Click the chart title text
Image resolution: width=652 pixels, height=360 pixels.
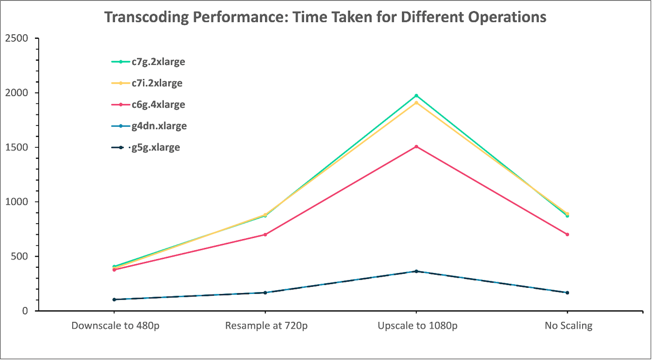[325, 17]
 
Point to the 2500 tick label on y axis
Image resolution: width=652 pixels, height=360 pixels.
[17, 38]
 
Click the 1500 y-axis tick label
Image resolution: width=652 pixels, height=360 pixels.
[17, 147]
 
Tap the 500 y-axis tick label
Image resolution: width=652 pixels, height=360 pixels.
[19, 256]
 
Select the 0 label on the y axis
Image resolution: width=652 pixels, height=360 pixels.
[25, 311]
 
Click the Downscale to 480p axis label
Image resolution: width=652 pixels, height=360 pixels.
[115, 326]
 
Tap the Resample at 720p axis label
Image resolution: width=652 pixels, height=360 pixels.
[266, 326]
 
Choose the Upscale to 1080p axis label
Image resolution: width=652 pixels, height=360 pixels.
[417, 326]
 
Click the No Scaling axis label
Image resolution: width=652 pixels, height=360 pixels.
[568, 326]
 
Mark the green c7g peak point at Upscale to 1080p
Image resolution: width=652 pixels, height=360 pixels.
[416, 96]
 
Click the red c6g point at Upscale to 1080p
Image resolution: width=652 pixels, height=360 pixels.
[416, 147]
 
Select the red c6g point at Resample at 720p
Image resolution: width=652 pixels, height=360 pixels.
[265, 234]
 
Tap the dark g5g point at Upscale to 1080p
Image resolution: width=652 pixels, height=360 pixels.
[416, 271]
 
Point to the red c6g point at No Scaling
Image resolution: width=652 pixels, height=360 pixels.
[567, 234]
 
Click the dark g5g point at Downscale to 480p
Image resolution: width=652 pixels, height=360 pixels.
[114, 300]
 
